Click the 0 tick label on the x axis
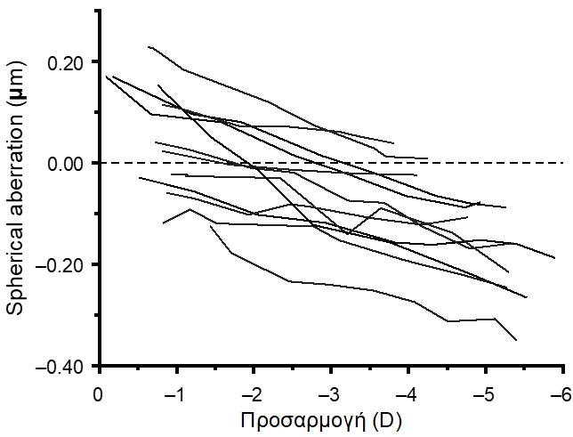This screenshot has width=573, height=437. click(98, 392)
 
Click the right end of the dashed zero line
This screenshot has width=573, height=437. click(564, 163)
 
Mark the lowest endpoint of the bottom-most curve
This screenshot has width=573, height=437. click(516, 340)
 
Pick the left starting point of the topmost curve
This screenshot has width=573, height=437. click(148, 46)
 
